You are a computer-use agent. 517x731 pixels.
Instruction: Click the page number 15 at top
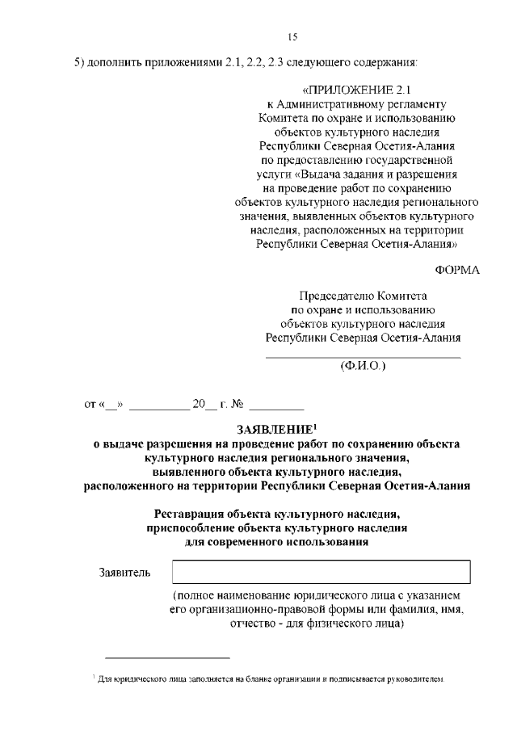(292, 36)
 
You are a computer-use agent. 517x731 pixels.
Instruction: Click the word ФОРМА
(458, 270)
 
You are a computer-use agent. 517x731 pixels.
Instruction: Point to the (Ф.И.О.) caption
(364, 366)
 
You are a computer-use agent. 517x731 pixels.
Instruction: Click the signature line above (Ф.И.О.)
(364, 357)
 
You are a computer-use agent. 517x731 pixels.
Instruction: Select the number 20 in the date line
(200, 403)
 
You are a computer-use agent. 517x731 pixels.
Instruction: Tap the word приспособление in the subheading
(188, 527)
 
